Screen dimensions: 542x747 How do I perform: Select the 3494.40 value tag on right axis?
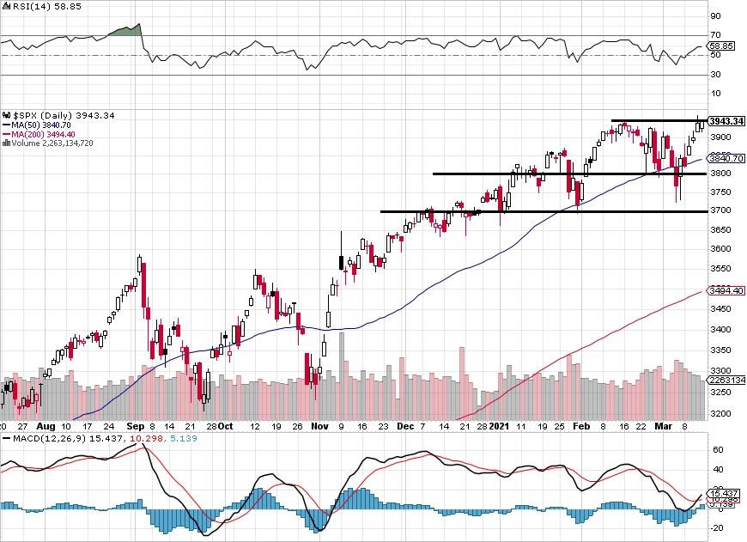tap(726, 290)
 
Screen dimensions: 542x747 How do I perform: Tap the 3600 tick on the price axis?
tap(720, 249)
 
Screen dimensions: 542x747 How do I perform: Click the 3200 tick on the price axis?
tap(720, 414)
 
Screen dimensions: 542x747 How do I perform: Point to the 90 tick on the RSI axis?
tap(714, 15)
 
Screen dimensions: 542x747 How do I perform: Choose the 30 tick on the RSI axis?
tap(714, 75)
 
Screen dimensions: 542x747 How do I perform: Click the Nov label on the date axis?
tap(319, 425)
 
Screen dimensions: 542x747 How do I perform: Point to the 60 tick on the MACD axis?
tap(714, 448)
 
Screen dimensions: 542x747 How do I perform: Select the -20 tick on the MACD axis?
tap(714, 528)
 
